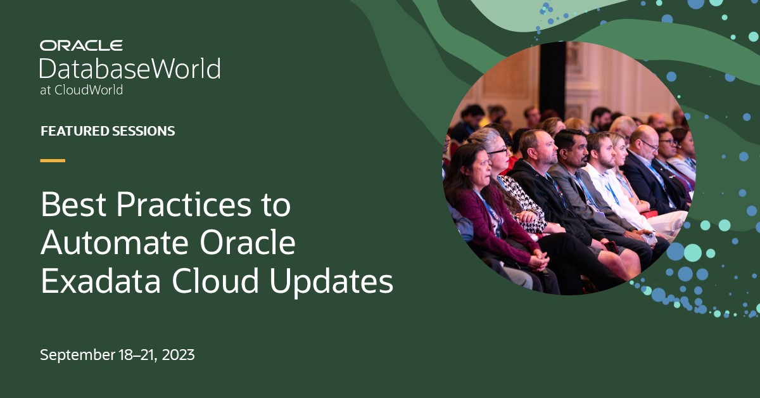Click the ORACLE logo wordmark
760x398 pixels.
point(81,46)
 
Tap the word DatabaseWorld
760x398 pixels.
point(130,68)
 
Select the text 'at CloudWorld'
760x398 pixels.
point(81,90)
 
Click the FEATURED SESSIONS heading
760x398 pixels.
point(108,131)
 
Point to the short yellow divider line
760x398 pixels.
point(53,160)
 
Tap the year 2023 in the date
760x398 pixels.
point(178,355)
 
